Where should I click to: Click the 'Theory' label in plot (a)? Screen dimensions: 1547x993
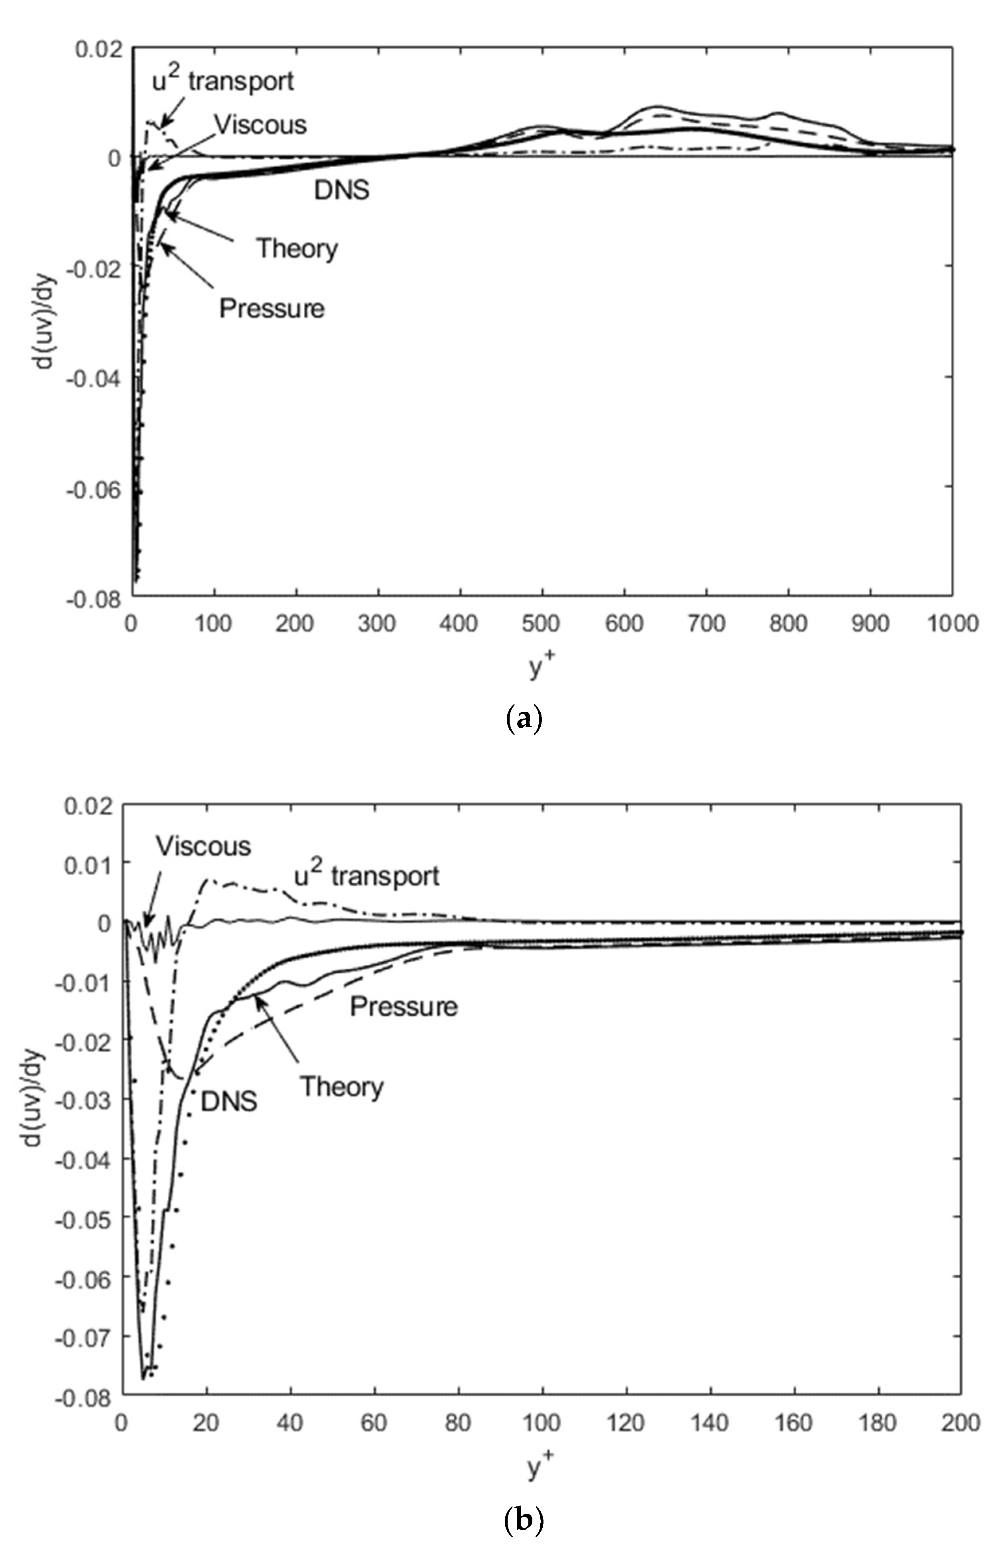point(297,248)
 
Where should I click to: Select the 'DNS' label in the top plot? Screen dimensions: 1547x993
point(342,190)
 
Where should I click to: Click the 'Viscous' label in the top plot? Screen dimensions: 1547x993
point(260,124)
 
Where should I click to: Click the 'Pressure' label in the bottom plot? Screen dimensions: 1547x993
point(404,1006)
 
